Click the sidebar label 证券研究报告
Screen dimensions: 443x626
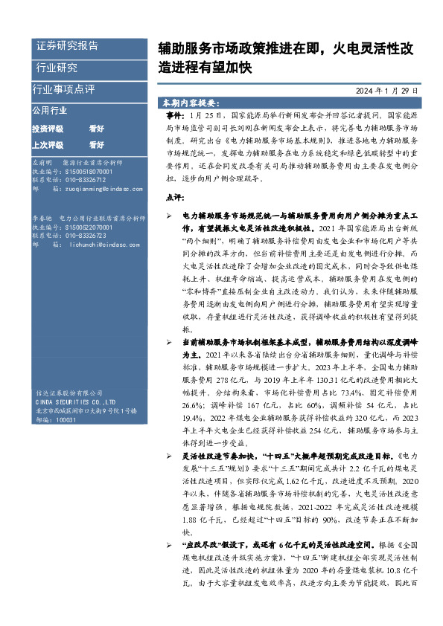click(x=67, y=46)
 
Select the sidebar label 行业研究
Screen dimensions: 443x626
click(x=57, y=68)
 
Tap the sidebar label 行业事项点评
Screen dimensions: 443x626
click(x=64, y=89)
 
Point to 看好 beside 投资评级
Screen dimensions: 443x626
click(x=96, y=129)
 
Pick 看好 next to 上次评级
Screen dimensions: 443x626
click(x=96, y=144)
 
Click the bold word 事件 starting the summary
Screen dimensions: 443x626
click(x=173, y=117)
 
